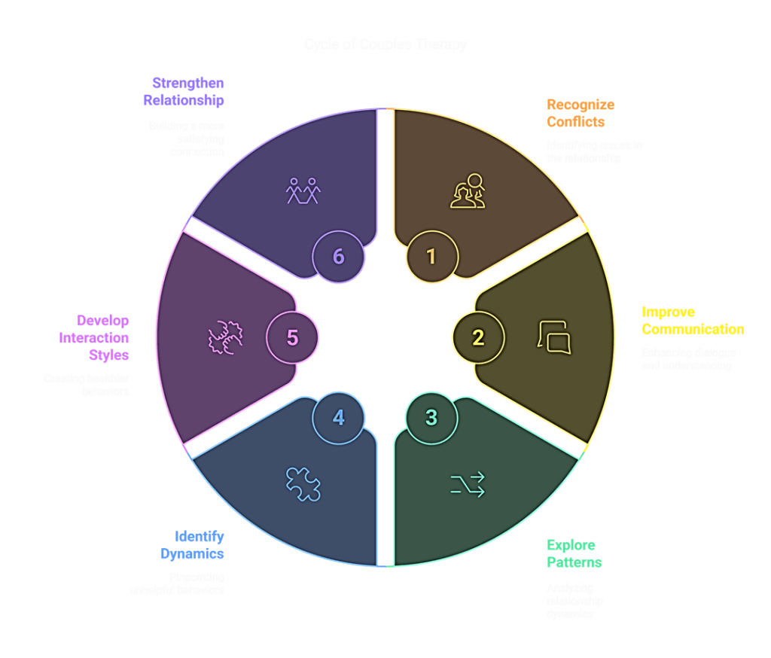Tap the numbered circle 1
coord(431,257)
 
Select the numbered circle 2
coord(477,338)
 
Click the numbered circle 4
coord(338,417)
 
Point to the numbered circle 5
coord(292,338)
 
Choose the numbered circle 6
coord(338,257)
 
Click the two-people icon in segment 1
coord(468,191)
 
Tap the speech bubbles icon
coord(553,336)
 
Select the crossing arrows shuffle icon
coord(468,484)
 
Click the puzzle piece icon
coord(303,484)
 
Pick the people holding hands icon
coord(303,191)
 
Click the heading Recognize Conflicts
coord(581,113)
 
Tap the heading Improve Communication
coord(692,321)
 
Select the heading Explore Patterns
coord(574,553)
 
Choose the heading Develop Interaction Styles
coord(94,338)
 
